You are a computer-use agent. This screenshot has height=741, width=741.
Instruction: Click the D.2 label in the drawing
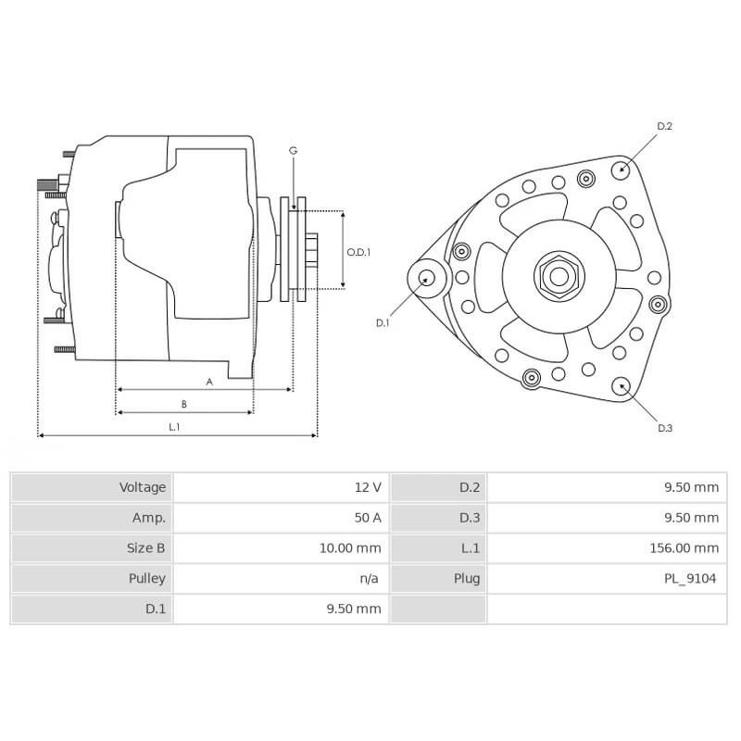[x=664, y=126]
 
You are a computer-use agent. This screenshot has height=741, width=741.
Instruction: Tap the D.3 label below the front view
[x=664, y=428]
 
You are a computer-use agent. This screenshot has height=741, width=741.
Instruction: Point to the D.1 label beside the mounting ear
[x=383, y=322]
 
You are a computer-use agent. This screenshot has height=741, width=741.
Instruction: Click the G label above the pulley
[x=293, y=150]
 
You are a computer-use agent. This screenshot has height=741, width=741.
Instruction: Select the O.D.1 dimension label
[x=358, y=251]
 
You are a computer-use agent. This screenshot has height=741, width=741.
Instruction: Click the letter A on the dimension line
[x=209, y=381]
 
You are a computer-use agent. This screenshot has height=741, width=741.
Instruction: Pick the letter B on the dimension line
[x=184, y=404]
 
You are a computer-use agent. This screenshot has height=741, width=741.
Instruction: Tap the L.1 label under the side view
[x=174, y=426]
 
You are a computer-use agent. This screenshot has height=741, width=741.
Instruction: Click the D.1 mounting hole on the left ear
[x=427, y=277]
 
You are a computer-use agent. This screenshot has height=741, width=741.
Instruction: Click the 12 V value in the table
[x=367, y=487]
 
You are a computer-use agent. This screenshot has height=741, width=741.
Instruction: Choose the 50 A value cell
[x=367, y=518]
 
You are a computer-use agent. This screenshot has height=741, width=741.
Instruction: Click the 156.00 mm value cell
[x=684, y=548]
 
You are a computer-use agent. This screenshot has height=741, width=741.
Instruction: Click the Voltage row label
[x=143, y=487]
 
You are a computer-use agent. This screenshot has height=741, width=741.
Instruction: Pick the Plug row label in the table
[x=468, y=579]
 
